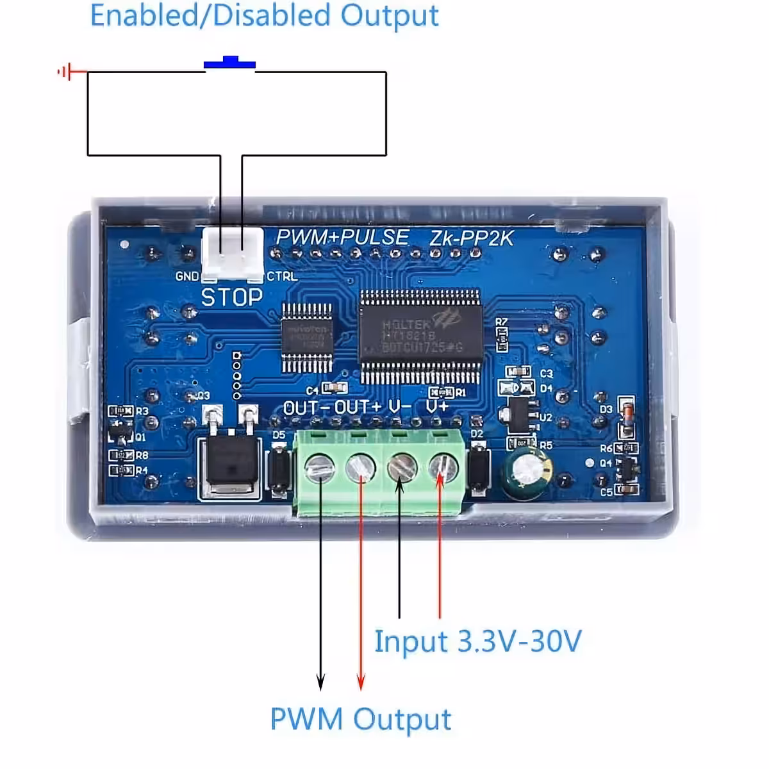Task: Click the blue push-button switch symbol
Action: pos(229,63)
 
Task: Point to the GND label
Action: pos(187,277)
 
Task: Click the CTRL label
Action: pos(282,277)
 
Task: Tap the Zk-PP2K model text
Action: pos(471,238)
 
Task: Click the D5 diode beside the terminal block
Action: pos(278,468)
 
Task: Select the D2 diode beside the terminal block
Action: pos(478,468)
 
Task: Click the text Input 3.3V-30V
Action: pos(477,641)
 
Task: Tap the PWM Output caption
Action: pos(361,720)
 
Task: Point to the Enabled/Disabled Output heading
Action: pos(264,15)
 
